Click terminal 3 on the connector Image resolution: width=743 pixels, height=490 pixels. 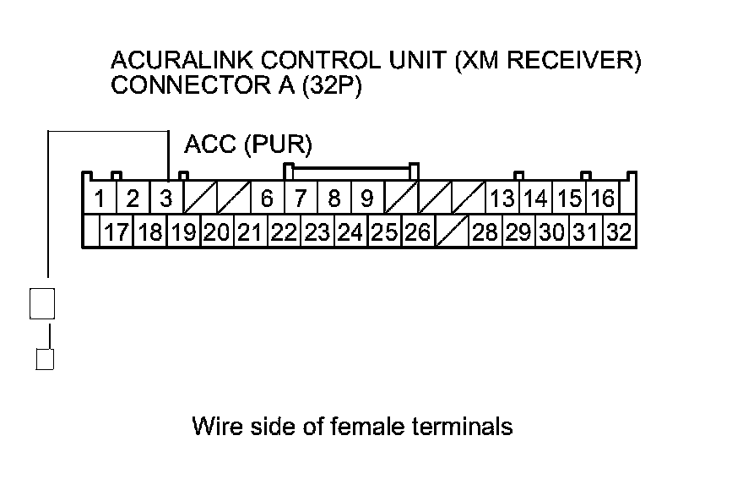[x=165, y=198]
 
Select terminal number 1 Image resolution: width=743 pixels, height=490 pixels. [x=100, y=198]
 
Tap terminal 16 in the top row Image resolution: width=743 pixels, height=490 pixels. [x=603, y=198]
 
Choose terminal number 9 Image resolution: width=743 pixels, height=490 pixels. [x=367, y=198]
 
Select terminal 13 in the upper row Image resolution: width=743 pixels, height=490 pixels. [x=502, y=198]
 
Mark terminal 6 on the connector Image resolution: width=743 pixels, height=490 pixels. [x=267, y=198]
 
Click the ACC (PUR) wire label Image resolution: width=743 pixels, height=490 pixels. [x=248, y=144]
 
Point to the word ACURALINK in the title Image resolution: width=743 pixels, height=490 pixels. [x=182, y=60]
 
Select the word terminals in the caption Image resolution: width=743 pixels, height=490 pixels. [x=463, y=426]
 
